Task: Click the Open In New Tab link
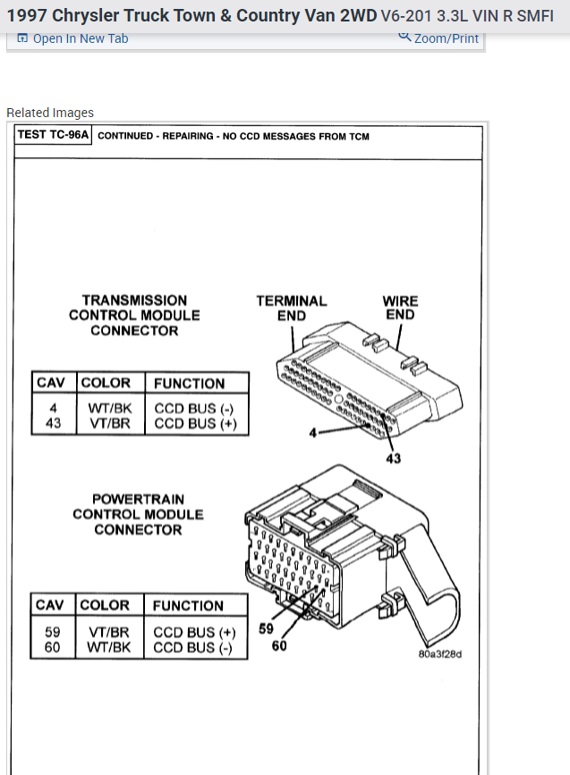coord(73,38)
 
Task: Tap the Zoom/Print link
coord(439,38)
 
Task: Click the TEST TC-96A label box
coord(54,136)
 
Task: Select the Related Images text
coord(50,113)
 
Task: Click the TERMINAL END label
coord(292,308)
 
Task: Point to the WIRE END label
coord(400,308)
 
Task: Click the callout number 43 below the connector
coord(393,459)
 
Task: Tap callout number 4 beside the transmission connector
coord(313,434)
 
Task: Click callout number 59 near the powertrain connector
coord(266,628)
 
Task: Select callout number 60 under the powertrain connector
coord(278,645)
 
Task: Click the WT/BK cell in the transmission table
coord(110,409)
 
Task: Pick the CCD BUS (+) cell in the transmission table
coord(195,424)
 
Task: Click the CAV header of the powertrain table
coord(49,605)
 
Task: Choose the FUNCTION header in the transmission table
coord(189,383)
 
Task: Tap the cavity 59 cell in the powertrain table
coord(52,632)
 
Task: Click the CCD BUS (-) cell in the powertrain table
coord(194,647)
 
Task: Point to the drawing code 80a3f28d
coord(439,653)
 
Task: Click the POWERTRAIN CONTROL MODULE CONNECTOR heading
coord(138,514)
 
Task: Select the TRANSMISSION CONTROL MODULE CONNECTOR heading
coord(134,316)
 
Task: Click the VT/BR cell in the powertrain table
coord(108,632)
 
